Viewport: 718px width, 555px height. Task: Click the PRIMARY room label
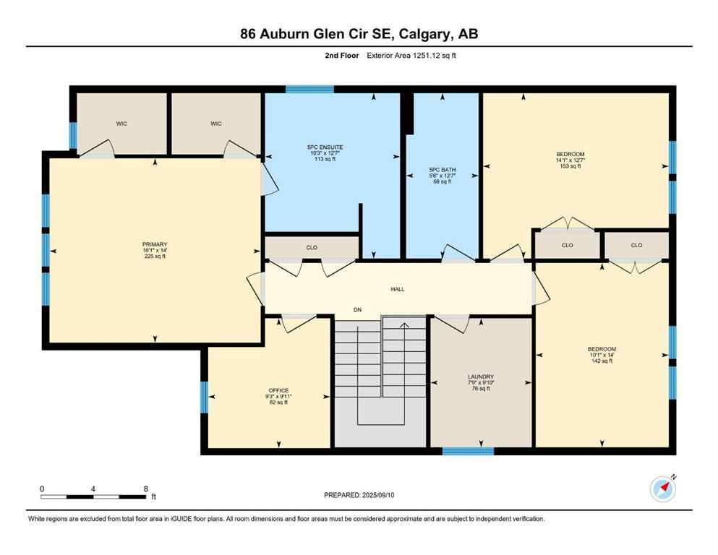coord(155,244)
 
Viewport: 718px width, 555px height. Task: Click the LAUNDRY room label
coord(481,377)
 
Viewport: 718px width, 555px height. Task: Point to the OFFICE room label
coord(278,390)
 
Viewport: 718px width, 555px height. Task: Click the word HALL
coord(398,289)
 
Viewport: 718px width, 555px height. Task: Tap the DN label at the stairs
coord(357,310)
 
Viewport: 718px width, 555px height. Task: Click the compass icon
coord(662,489)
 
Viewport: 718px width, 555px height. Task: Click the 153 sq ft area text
coord(570,166)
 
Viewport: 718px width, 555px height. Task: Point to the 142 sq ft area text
coord(601,361)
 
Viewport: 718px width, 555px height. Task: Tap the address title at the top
coord(359,33)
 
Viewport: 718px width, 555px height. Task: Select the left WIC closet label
coord(121,124)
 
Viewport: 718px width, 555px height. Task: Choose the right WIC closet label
coord(215,124)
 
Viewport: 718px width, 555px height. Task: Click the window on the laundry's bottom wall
coord(468,452)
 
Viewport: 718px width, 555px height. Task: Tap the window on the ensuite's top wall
coord(309,90)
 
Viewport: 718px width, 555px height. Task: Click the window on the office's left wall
coord(204,397)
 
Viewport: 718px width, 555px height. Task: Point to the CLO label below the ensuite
coord(312,248)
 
